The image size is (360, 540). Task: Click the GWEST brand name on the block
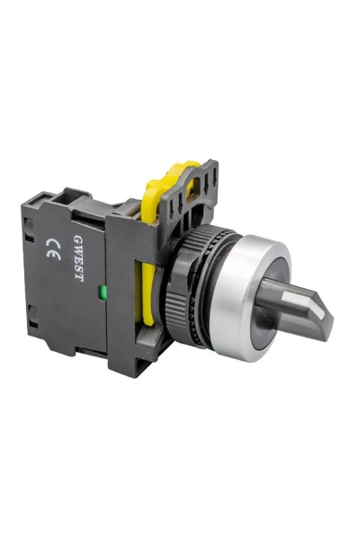pos(78,259)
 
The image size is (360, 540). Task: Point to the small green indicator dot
pos(103,292)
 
